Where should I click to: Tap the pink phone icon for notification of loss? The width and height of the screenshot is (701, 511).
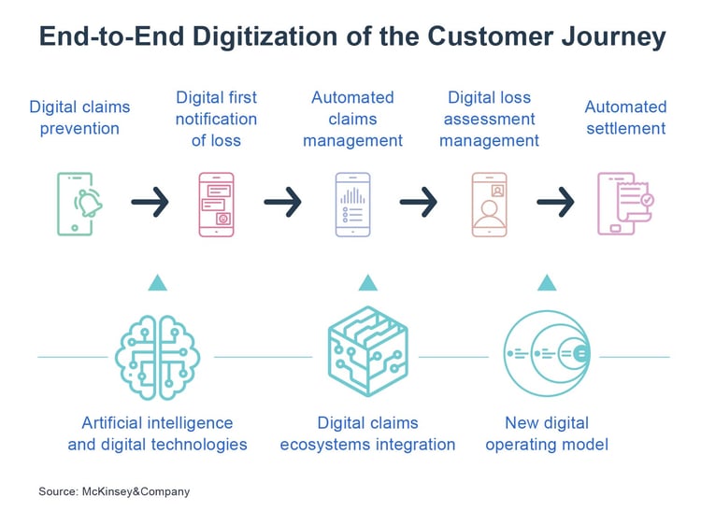coord(217,204)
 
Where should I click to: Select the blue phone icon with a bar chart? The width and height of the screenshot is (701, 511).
coord(352,204)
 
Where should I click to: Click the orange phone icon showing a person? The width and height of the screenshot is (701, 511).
coord(489,204)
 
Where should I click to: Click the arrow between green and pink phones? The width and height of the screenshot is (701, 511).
coord(150,201)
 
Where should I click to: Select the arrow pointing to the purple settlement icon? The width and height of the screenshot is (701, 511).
coord(555,201)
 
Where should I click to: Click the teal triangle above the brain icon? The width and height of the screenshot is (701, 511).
coord(157,282)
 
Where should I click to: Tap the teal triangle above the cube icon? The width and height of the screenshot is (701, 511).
coord(367,282)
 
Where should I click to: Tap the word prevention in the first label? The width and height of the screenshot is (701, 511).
coord(79,128)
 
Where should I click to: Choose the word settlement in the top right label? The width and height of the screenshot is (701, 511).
coord(626,128)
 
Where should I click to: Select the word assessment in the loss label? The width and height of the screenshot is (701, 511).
coord(490,119)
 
